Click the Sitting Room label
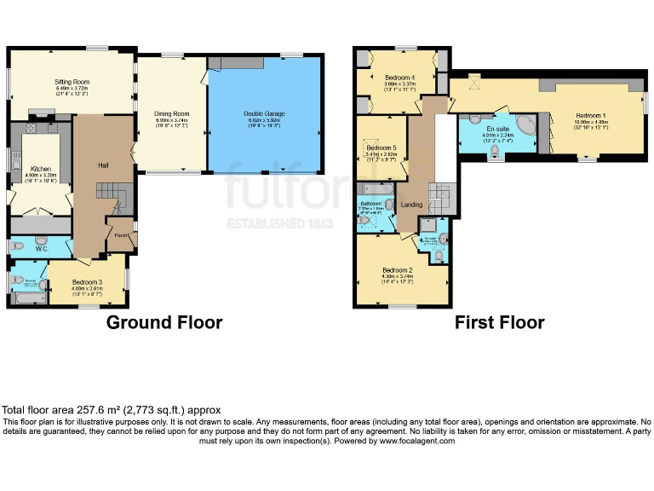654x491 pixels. [72, 83]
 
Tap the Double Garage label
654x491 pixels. [264, 113]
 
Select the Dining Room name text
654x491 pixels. [171, 113]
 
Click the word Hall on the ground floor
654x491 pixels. [102, 165]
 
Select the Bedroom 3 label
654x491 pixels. [88, 282]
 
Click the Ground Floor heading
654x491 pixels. [164, 322]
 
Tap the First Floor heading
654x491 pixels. [499, 322]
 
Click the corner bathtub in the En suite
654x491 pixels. [527, 127]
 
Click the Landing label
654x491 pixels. [412, 205]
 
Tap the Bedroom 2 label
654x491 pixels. [399, 269]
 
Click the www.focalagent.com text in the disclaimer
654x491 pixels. [417, 441]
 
